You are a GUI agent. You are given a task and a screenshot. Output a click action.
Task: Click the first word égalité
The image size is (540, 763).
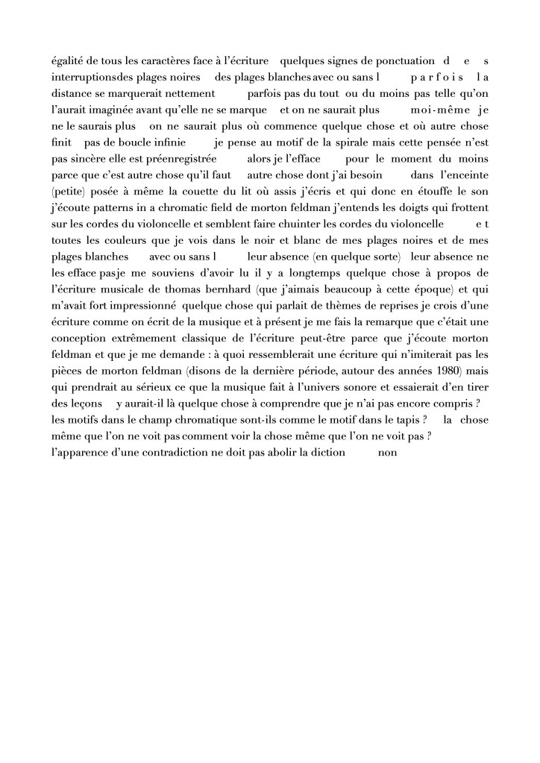[x=66, y=60]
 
